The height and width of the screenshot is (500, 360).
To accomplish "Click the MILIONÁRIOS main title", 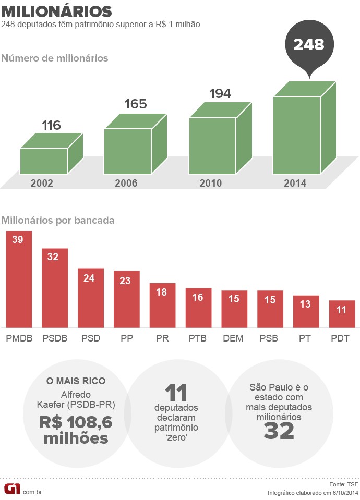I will pyautogui.click(x=56, y=11).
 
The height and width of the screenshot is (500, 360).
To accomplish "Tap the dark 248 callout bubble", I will pyautogui.click(x=309, y=45).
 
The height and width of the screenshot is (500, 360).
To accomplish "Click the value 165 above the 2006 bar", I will pyautogui.click(x=136, y=104).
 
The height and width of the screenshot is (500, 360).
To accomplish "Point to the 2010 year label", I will pyautogui.click(x=210, y=184).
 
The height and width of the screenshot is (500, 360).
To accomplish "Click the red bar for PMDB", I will pyautogui.click(x=19, y=279).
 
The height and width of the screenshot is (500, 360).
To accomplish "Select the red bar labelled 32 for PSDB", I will pyautogui.click(x=55, y=288).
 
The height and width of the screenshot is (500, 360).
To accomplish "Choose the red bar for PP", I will pyautogui.click(x=127, y=299).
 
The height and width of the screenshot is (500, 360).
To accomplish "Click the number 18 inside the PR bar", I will pyautogui.click(x=162, y=292).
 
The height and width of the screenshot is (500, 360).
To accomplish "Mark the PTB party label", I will pyautogui.click(x=198, y=338).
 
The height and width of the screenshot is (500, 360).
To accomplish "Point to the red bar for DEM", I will pyautogui.click(x=234, y=309).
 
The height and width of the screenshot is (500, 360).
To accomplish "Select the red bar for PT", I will pyautogui.click(x=306, y=311).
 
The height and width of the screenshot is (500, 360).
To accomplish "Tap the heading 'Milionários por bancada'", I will pyautogui.click(x=58, y=220).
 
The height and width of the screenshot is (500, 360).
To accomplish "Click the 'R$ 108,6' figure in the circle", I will pyautogui.click(x=76, y=421).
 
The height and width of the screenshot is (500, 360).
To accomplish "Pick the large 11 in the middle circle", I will pyautogui.click(x=176, y=393).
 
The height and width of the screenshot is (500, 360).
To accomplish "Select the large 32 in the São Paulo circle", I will pyautogui.click(x=279, y=431).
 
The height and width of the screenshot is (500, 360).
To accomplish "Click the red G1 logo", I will pyautogui.click(x=12, y=489).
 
